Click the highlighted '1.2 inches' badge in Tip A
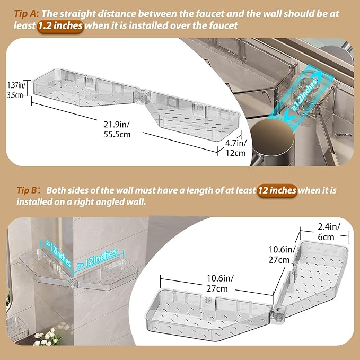tap(60, 25)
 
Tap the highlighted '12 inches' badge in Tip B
tap(277, 190)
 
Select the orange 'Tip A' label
tap(25, 14)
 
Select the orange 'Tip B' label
tap(27, 190)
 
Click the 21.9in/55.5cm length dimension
tap(117, 129)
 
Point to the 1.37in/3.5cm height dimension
tap(16, 90)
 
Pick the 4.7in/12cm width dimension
tap(235, 148)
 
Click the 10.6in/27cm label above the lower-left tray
tap(219, 283)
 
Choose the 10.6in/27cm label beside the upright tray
tap(282, 254)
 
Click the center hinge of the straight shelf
tap(142, 96)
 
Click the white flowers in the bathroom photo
tap(46, 336)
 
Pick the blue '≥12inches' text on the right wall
tap(98, 259)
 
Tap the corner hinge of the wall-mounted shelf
tap(72, 283)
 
